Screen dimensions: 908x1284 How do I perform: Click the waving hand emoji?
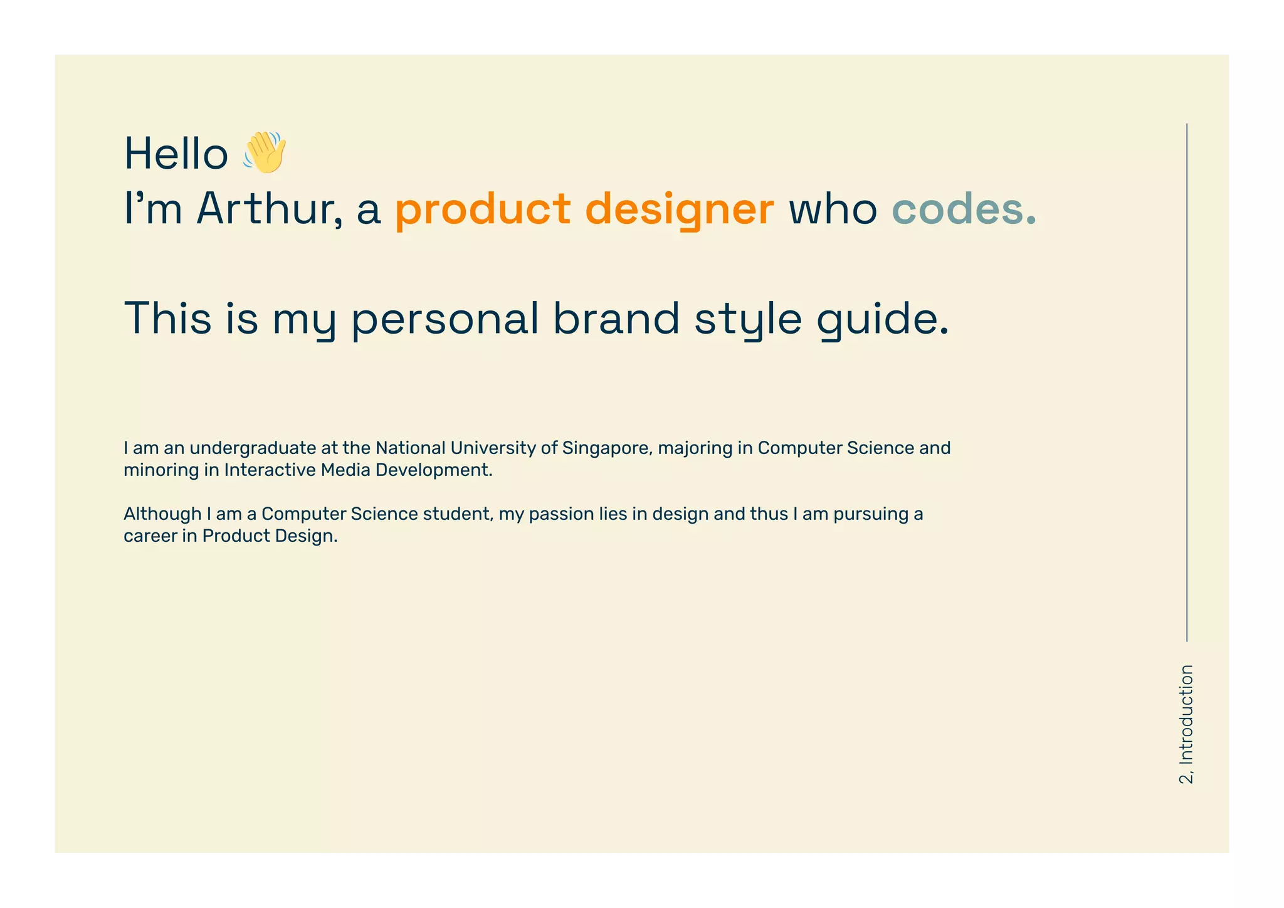tap(265, 152)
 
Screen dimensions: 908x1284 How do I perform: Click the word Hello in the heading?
tap(176, 154)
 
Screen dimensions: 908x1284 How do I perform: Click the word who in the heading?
tap(833, 209)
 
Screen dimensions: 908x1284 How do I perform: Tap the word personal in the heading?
tap(445, 319)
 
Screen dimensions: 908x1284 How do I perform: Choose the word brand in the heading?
tap(616, 318)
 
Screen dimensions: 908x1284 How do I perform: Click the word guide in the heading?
tap(883, 319)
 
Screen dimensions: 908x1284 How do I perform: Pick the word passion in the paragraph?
tap(560, 515)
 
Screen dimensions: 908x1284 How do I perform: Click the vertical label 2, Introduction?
tap(1186, 724)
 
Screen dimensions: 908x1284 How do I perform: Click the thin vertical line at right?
tap(1186, 383)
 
